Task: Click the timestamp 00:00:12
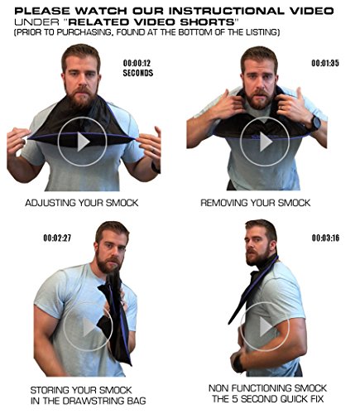click(x=137, y=63)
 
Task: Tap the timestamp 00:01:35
click(x=325, y=63)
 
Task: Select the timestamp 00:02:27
click(x=57, y=238)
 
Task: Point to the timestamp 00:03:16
click(x=325, y=238)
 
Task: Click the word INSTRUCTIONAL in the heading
click(x=227, y=11)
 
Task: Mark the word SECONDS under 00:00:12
click(x=138, y=73)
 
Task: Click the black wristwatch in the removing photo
click(x=315, y=123)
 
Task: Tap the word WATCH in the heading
click(x=102, y=11)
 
